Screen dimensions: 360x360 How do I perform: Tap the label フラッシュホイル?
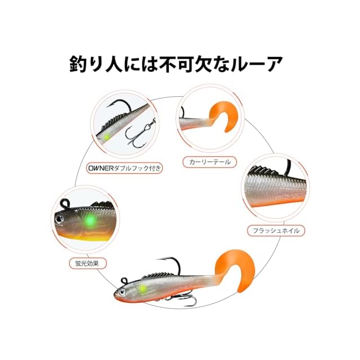pyautogui.click(x=276, y=230)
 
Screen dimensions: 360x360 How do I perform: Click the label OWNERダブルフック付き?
pyautogui.click(x=124, y=168)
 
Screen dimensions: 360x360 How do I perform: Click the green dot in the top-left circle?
pyautogui.click(x=105, y=136)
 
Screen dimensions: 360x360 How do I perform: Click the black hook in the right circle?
pyautogui.click(x=289, y=166)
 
